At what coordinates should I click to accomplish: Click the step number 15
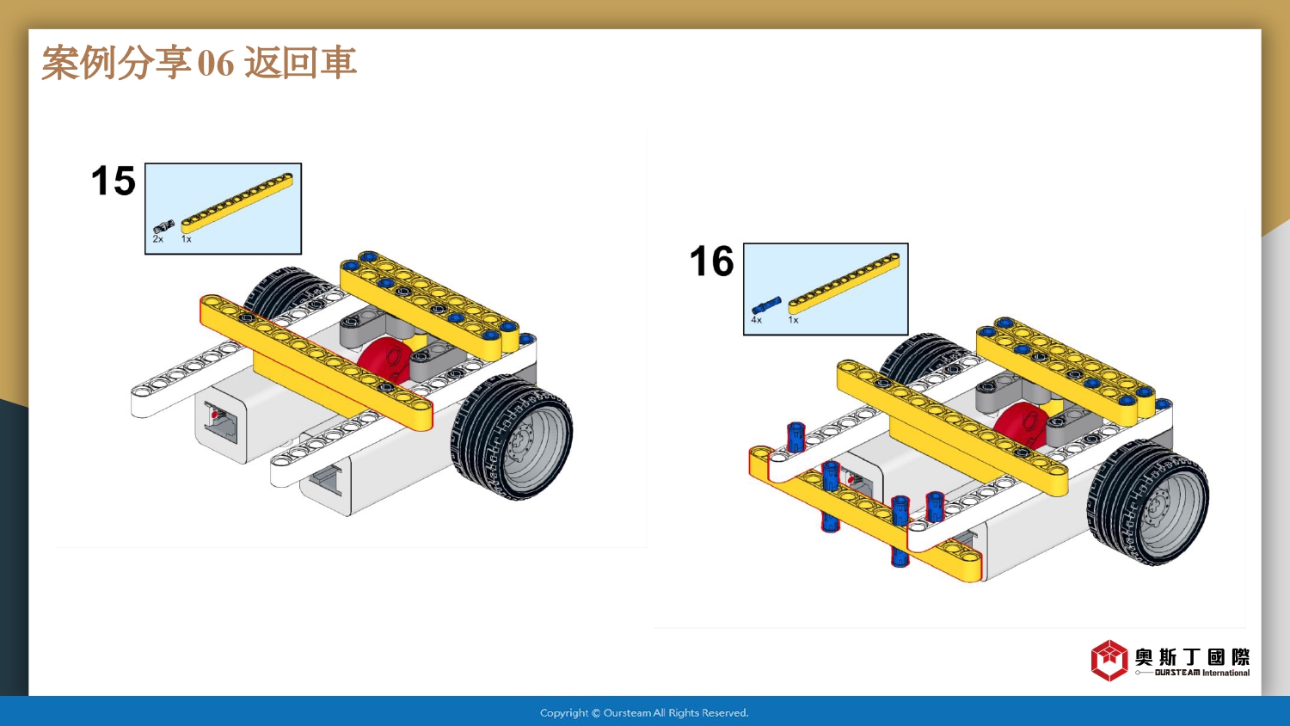[x=114, y=181]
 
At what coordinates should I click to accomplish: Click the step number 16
[x=711, y=261]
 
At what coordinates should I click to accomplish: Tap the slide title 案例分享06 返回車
[x=199, y=63]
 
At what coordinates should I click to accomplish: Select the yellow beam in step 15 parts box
[x=237, y=203]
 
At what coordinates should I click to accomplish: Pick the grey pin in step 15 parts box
[x=163, y=227]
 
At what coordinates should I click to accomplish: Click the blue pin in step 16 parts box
[x=765, y=305]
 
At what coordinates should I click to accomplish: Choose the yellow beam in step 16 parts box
[x=844, y=281]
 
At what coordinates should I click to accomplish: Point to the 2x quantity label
[x=158, y=239]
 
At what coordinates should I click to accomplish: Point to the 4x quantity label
[x=756, y=320]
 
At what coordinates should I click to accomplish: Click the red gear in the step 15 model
[x=384, y=360]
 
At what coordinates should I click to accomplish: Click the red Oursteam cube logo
[x=1109, y=661]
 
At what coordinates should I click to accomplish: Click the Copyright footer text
[x=644, y=713]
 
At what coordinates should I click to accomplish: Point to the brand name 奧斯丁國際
[x=1192, y=657]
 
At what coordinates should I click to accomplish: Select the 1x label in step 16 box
[x=793, y=320]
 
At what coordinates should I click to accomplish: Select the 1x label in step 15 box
[x=186, y=239]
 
